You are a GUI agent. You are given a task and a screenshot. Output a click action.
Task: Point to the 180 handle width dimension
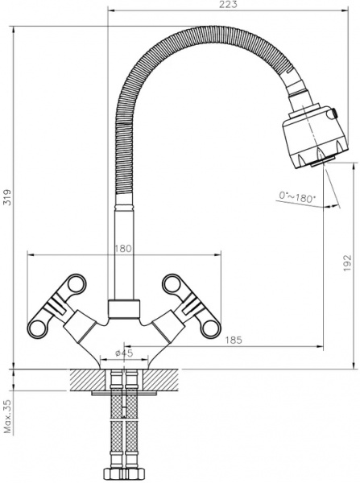tap(124, 249)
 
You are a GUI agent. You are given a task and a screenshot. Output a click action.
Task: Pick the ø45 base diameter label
tap(124, 353)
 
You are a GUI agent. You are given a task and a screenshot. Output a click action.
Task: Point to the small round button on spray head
tap(330, 121)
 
